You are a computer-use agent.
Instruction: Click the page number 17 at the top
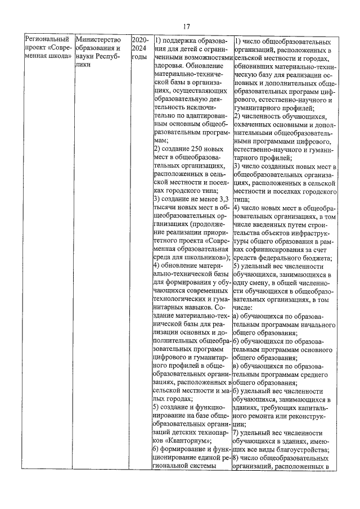pos(187,26)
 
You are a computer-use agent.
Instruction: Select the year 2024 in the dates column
pos(140,49)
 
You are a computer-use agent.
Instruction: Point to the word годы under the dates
pos(139,57)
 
